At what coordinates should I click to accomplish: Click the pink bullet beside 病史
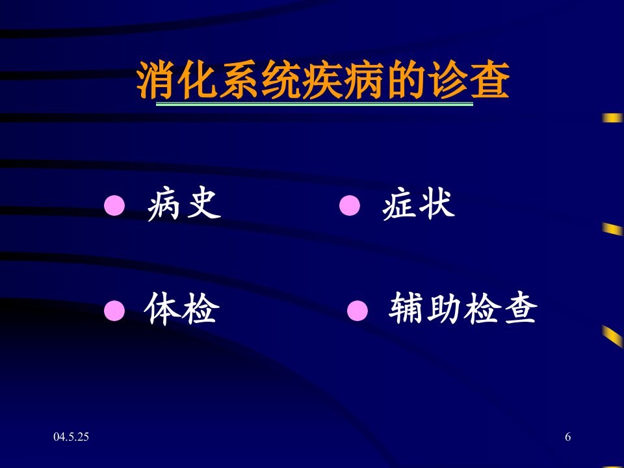114,205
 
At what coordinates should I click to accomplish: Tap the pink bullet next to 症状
350,205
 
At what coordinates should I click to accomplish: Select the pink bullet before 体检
114,311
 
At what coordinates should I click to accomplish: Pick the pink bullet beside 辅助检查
357,311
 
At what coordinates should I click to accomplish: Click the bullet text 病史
184,203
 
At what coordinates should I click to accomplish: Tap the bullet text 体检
181,308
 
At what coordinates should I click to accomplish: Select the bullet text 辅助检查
463,307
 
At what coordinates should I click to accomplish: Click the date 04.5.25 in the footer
71,437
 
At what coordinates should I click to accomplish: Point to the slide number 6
567,437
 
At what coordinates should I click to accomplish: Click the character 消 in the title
155,79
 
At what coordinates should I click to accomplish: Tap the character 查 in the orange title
489,79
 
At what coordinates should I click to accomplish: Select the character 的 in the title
406,79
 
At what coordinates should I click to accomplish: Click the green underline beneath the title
315,104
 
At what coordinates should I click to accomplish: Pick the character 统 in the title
281,79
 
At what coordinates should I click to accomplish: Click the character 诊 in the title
447,79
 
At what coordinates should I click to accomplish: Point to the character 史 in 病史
203,203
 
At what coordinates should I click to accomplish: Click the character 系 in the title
239,79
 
